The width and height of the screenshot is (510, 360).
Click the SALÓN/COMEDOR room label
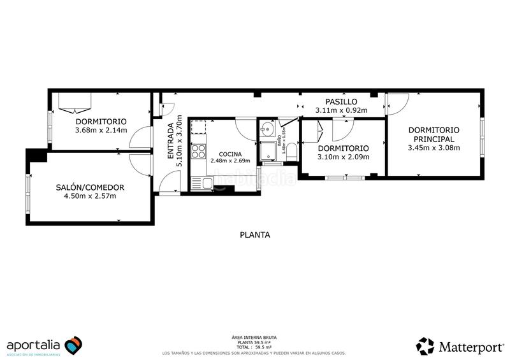pos(89,187)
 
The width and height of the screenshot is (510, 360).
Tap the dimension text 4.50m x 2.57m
pos(89,196)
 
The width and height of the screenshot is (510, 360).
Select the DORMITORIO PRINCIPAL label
pos(433,134)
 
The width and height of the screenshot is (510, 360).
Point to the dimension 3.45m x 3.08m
pos(433,148)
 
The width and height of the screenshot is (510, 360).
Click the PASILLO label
pos(341,101)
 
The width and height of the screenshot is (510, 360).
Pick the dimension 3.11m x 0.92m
pos(341,110)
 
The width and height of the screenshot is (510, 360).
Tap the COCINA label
pos(229,154)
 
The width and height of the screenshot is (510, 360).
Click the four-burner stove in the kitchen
pos(199,152)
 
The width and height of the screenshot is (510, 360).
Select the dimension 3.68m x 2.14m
pos(101,131)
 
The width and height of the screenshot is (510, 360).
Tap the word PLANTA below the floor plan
pos(254,234)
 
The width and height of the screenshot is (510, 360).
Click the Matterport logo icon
pos(425,346)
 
